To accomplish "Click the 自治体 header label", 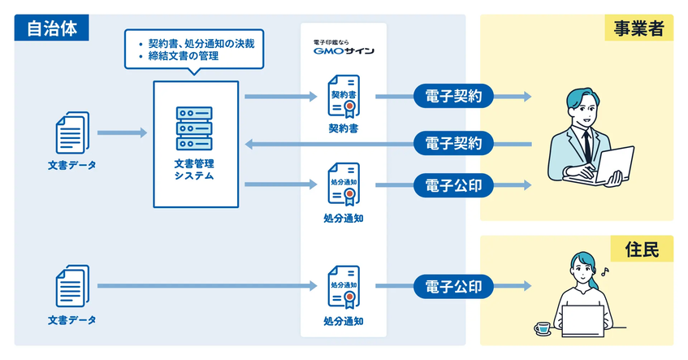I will click(51, 28).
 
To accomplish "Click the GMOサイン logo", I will click(343, 50).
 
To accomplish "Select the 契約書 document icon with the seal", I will click(344, 98).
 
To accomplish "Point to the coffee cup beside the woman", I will click(542, 327).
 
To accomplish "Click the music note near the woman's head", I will click(603, 271).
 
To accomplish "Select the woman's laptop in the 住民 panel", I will click(582, 321).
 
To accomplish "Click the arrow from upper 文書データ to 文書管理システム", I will click(121, 132).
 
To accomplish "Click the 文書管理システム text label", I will click(195, 169).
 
